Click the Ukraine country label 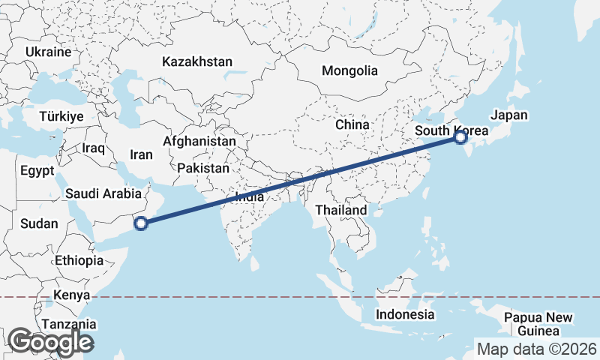pos(48,52)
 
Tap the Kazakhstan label pos(196,61)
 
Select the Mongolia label pos(349,71)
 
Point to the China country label pos(352,124)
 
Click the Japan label pos(509,115)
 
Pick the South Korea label pos(451,131)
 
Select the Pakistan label pos(203,169)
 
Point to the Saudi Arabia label pos(103,193)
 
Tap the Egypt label pos(37,171)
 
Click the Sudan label pos(34,223)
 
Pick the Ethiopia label pos(79,261)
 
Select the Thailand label pos(341,210)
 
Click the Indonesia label pos(405,314)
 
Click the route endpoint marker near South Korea pos(460,137)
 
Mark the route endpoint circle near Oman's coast pos(140,222)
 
